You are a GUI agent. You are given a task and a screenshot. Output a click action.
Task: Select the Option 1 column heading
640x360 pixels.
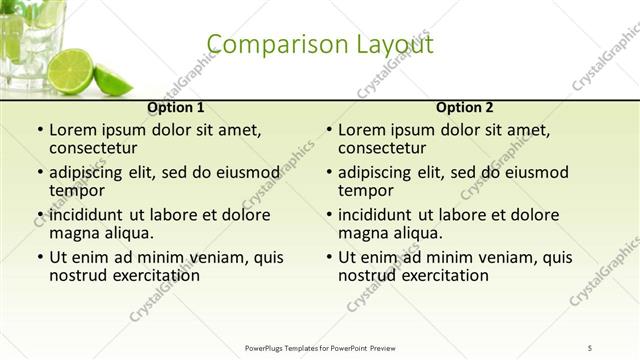click(176, 107)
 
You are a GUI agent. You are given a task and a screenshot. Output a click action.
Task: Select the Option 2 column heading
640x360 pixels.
click(465, 107)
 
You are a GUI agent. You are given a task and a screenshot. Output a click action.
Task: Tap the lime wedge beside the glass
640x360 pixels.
click(111, 79)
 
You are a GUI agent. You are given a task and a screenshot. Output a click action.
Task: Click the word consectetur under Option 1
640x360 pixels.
click(98, 148)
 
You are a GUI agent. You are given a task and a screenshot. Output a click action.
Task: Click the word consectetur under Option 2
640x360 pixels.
click(387, 148)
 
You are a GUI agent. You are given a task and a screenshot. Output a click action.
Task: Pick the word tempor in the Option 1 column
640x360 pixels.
click(77, 190)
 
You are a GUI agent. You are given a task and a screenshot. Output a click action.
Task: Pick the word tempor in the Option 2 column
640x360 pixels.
click(366, 190)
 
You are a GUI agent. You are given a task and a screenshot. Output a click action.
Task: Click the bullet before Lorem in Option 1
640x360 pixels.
click(39, 131)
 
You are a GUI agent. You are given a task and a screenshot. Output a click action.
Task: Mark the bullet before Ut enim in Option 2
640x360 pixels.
click(328, 257)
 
